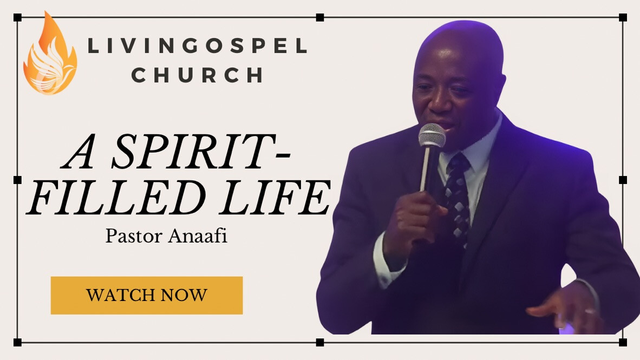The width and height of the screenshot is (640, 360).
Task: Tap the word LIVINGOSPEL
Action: pos(198,45)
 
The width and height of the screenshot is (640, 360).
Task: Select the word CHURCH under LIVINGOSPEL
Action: pos(197,75)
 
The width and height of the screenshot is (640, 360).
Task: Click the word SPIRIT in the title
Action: pos(197,152)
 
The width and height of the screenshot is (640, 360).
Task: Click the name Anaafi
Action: pos(198,237)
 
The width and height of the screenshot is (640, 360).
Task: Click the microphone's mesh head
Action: pos(432,135)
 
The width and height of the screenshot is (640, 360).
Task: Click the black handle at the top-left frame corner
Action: pos(17,17)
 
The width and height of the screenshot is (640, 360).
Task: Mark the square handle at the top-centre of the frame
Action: pos(320,17)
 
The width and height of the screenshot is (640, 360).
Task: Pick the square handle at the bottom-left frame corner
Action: pos(17,343)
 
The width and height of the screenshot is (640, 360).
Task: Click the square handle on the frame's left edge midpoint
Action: pos(17,180)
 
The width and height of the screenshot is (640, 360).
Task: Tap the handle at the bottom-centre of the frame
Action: pos(320,343)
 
